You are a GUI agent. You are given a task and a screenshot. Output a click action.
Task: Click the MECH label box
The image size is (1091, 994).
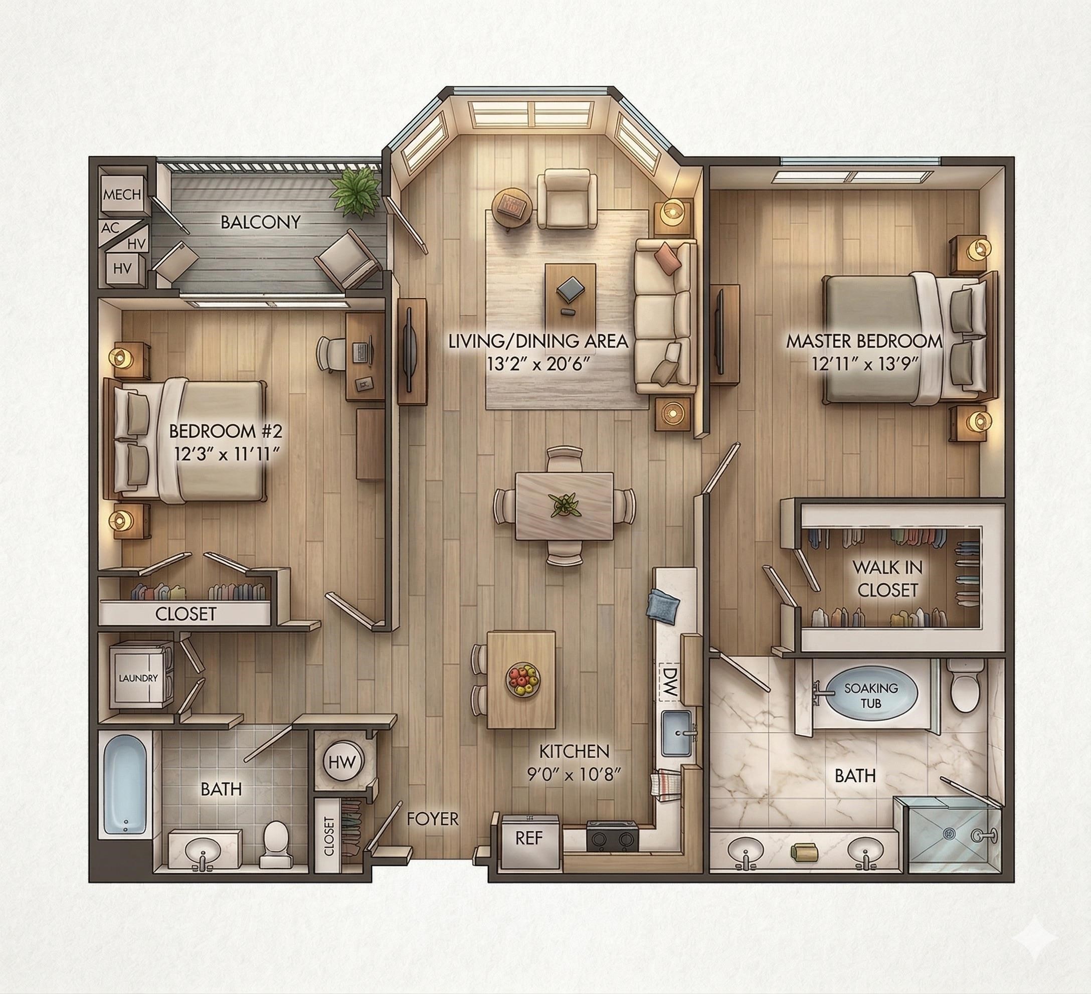122,194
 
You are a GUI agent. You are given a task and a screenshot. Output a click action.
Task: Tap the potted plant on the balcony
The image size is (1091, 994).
355,190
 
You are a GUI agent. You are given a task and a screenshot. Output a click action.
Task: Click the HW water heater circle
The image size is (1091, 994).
343,763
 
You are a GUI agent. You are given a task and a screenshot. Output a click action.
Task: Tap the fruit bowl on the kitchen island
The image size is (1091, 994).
523,680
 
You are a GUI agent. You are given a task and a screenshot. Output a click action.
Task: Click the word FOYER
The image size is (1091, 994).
432,819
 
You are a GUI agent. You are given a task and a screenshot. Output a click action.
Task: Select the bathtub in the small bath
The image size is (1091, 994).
125,783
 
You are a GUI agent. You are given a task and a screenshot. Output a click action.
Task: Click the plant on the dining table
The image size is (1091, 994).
565,505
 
